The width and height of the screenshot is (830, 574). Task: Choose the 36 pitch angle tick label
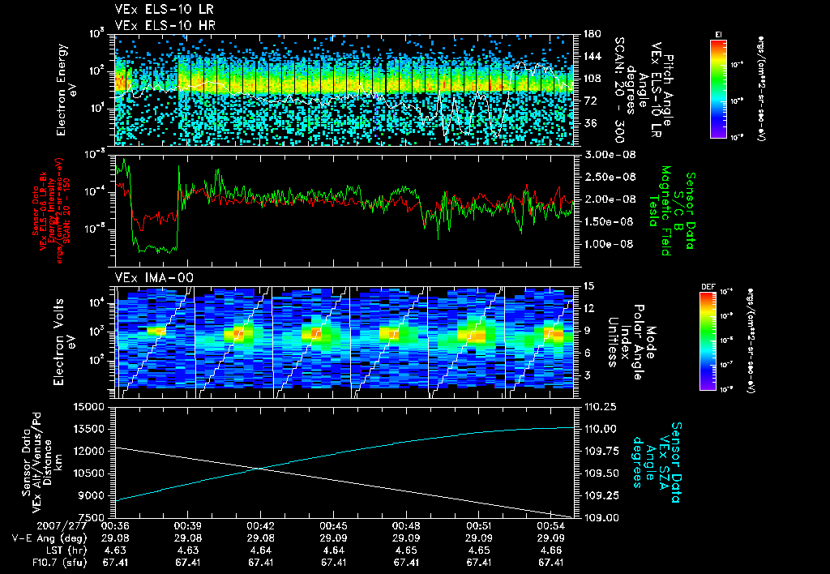point(586,123)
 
